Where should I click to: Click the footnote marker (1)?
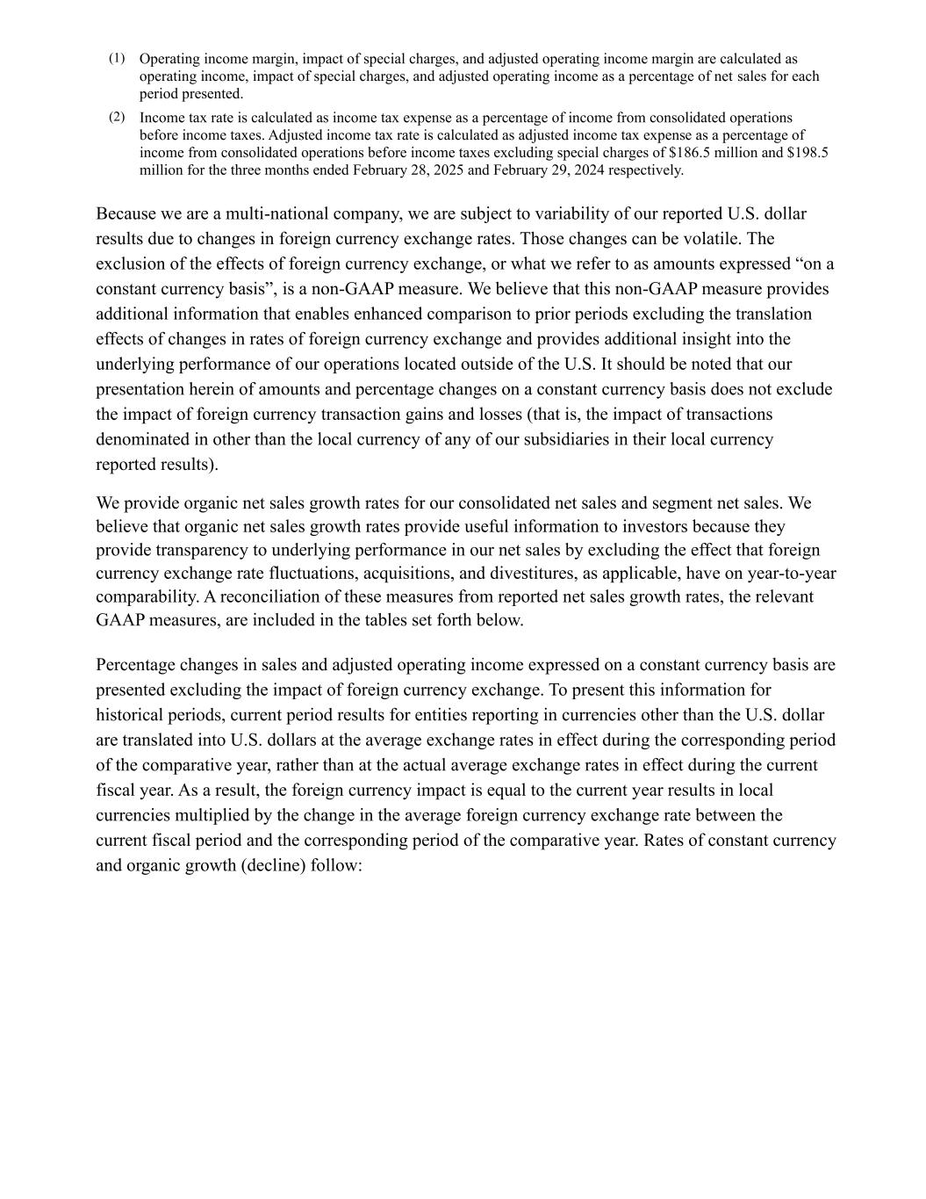[x=117, y=59]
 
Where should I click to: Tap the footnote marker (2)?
[x=117, y=117]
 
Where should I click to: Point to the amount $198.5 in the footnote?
[x=808, y=153]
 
